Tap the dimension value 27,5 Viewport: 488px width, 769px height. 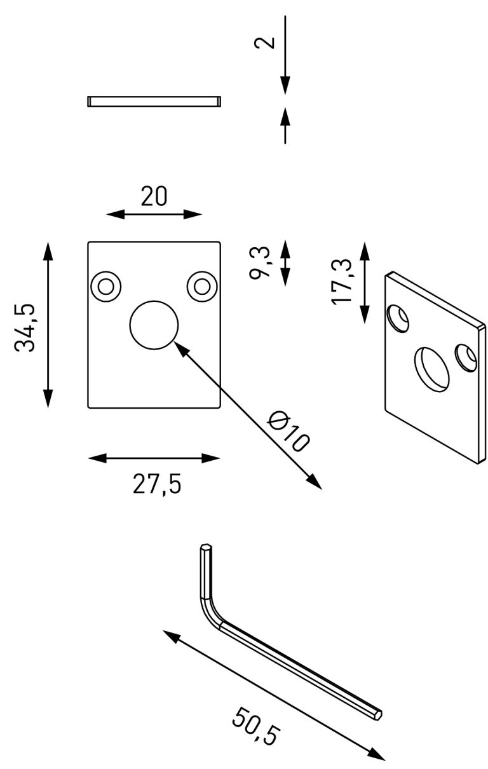pyautogui.click(x=157, y=484)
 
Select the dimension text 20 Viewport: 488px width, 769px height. pyautogui.click(x=154, y=196)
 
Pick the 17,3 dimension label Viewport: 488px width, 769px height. pyautogui.click(x=342, y=282)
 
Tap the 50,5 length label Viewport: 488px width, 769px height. pyautogui.click(x=255, y=727)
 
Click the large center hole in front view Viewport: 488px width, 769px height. pyautogui.click(x=154, y=324)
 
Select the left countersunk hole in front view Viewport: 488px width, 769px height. pyautogui.click(x=106, y=286)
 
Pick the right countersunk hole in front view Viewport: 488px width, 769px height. pyautogui.click(x=202, y=286)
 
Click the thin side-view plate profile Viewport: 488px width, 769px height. pyautogui.click(x=154, y=101)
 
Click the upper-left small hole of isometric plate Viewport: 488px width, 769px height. pyautogui.click(x=398, y=318)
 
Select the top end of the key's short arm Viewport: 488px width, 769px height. pyautogui.click(x=205, y=547)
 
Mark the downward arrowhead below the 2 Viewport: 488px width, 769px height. pyautogui.click(x=285, y=85)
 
